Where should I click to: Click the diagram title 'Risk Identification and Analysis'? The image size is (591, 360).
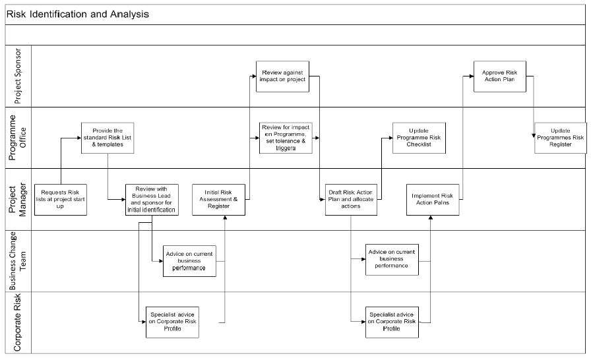[78, 15]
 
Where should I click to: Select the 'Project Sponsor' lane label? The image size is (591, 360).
[18, 76]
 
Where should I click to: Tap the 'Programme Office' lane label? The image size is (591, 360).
[18, 137]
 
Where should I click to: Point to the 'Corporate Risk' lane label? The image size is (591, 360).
[17, 322]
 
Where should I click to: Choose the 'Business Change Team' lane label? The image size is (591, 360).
[18, 260]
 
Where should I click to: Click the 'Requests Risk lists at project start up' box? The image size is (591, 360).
[61, 200]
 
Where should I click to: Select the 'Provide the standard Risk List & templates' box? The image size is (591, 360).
[108, 138]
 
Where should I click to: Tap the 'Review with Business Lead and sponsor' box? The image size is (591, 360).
[152, 200]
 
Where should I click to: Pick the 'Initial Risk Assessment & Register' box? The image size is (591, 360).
[218, 200]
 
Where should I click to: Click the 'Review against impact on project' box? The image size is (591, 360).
[283, 76]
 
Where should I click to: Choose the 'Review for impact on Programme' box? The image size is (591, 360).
[286, 138]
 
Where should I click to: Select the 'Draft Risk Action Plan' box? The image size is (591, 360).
[352, 200]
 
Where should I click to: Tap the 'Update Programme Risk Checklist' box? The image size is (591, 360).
[419, 138]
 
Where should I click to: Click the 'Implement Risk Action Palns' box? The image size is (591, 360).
[433, 200]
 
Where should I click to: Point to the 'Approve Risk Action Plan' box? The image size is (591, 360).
[500, 76]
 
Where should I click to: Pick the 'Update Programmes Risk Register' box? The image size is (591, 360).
[561, 138]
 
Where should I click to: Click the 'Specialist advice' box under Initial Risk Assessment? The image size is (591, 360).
[172, 322]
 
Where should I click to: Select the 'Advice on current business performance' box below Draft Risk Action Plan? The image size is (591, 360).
[392, 260]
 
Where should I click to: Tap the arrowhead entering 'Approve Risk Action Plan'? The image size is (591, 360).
[471, 76]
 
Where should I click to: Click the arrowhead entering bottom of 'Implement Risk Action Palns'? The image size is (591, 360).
[431, 218]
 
